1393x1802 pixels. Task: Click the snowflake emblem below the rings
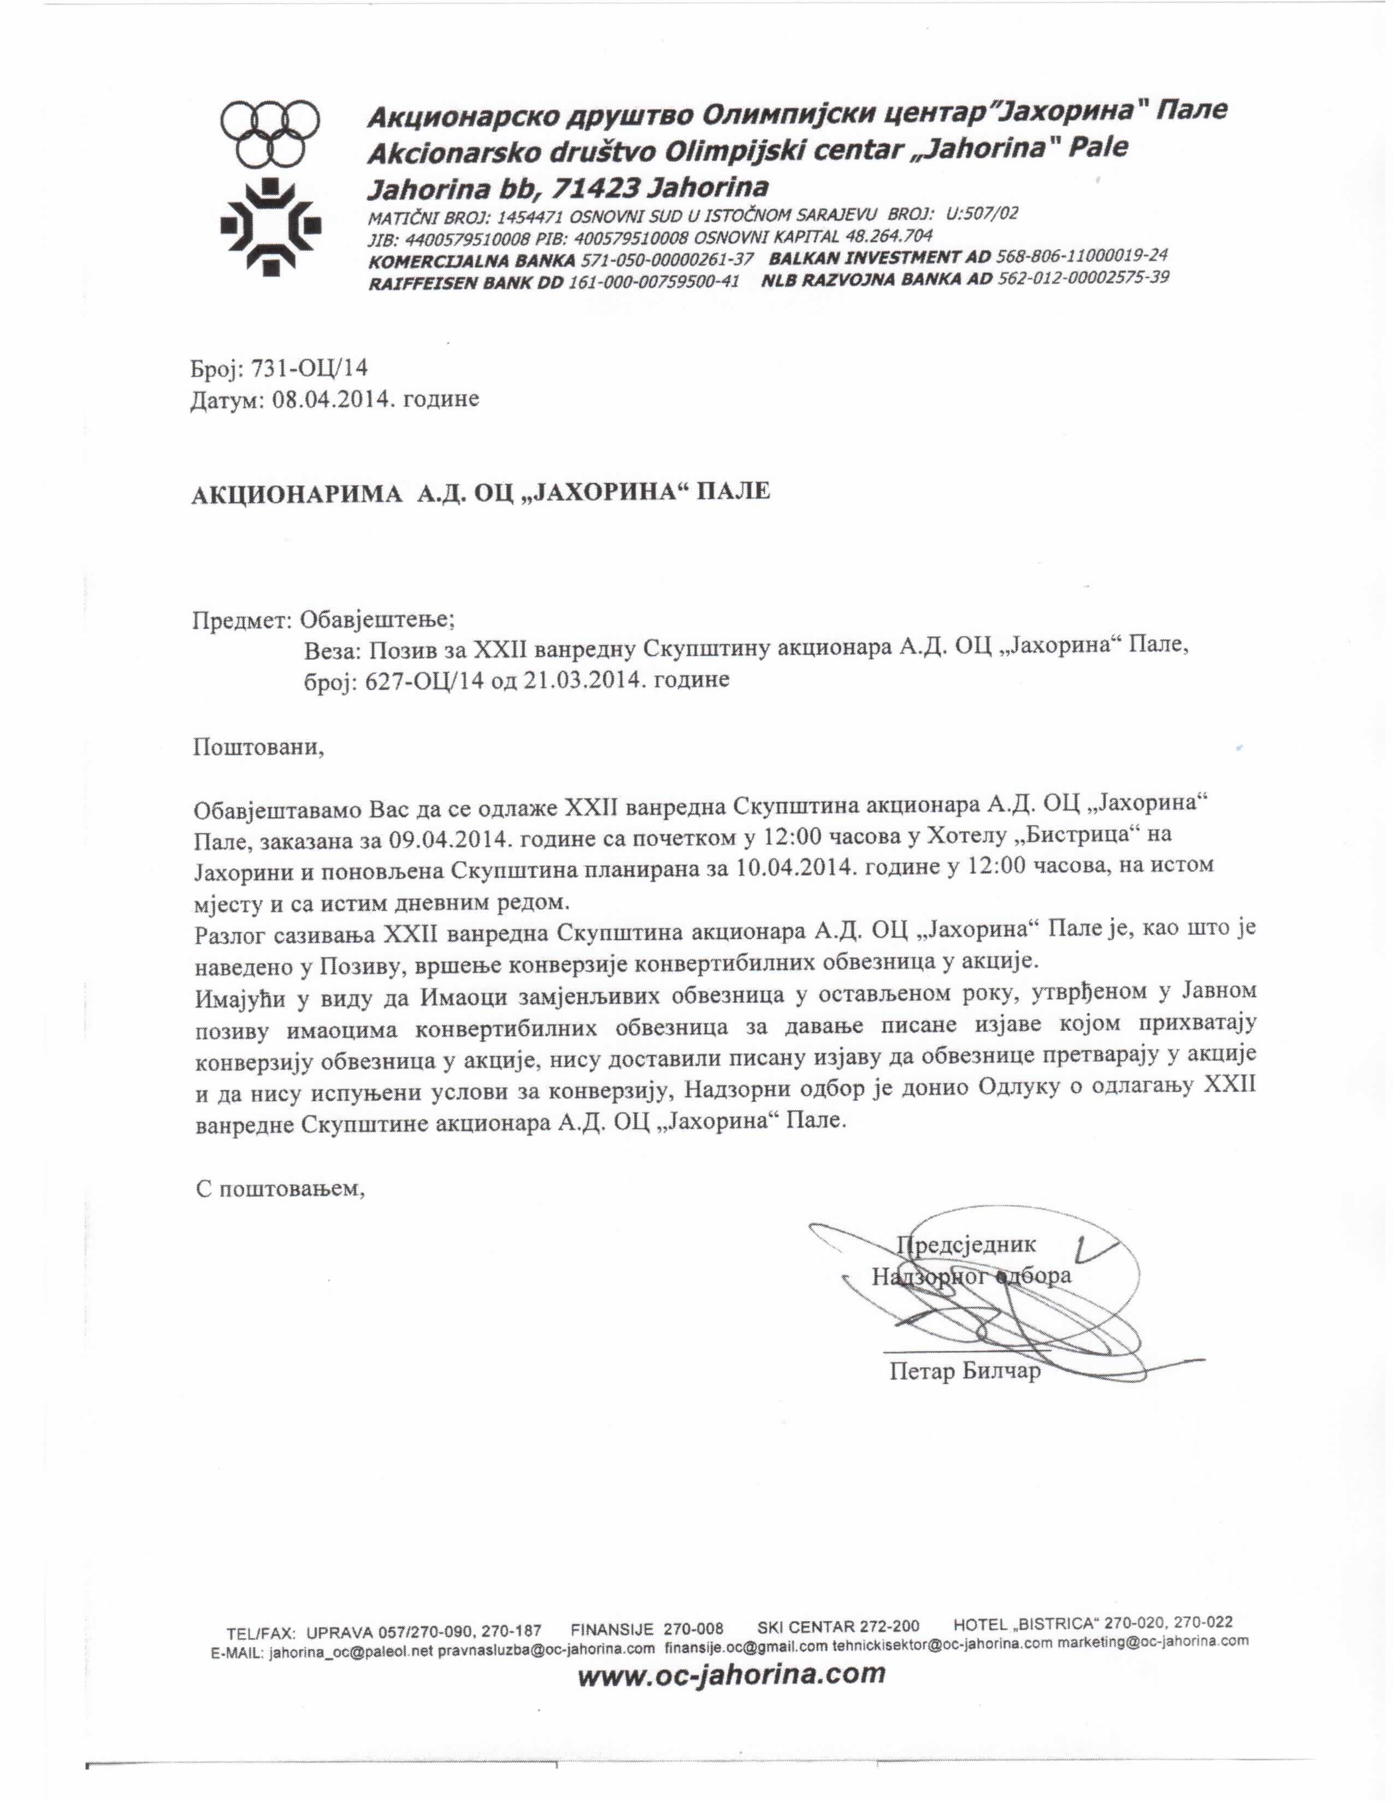tap(270, 224)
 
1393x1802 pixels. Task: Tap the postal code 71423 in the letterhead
tap(597, 189)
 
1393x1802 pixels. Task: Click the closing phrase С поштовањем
tap(281, 1188)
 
